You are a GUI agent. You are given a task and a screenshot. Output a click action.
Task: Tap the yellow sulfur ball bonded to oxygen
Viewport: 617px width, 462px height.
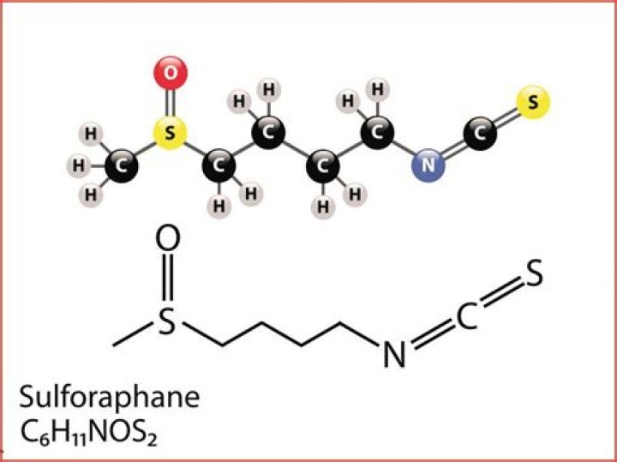click(x=170, y=133)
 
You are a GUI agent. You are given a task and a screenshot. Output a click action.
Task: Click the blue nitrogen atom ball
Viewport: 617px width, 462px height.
click(x=428, y=163)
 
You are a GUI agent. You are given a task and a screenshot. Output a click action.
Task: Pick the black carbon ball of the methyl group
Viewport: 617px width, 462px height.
click(x=121, y=164)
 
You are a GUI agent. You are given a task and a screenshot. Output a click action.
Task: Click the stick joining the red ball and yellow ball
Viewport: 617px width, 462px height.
click(x=170, y=103)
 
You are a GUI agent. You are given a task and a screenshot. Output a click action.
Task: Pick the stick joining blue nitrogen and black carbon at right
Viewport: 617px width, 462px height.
click(x=454, y=148)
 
